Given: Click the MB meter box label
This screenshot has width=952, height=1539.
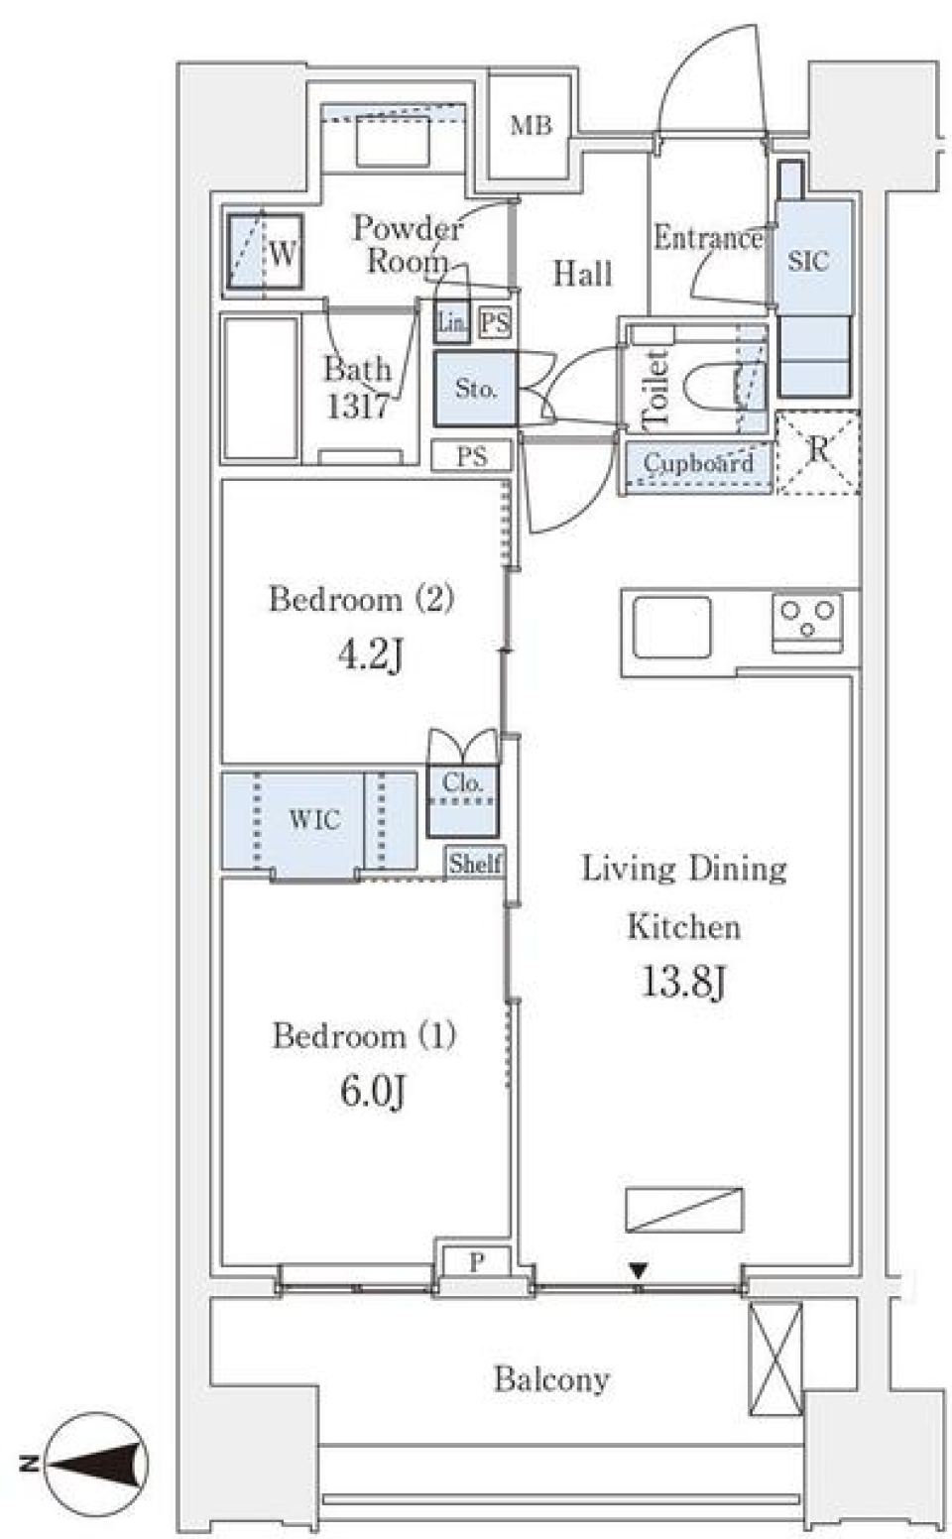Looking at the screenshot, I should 531,126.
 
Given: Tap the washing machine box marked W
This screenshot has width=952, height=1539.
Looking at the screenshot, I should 265,253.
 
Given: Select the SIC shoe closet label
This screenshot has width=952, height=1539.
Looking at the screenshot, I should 808,261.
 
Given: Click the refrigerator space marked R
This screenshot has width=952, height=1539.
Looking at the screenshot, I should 818,452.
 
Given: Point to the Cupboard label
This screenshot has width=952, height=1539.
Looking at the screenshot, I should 698,463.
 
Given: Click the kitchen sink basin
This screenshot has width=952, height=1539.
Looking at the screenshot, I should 672,626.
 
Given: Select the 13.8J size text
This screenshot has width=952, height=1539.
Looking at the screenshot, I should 684,983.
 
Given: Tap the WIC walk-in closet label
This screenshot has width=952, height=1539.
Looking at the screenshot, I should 314,819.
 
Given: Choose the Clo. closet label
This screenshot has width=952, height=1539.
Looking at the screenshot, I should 463,782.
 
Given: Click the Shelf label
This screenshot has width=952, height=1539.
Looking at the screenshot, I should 475,863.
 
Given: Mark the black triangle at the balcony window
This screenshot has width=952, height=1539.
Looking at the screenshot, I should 639,1270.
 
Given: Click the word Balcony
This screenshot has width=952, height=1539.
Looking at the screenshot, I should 551,1378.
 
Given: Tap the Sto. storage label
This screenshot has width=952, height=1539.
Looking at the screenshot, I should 476,389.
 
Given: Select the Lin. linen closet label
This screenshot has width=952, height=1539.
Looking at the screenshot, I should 452,322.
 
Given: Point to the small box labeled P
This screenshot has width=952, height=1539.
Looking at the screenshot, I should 476,1262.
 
